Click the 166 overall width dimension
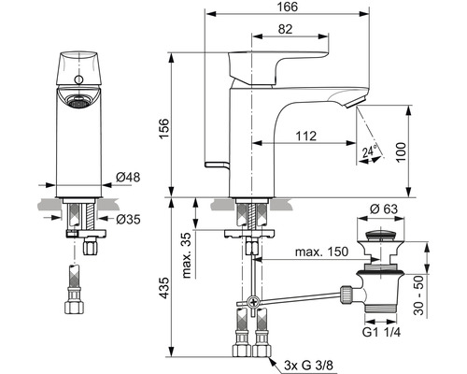(x=287, y=7)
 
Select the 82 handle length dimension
(x=285, y=29)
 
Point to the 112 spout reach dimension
(x=305, y=137)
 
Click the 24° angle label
(x=370, y=151)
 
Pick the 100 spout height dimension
(x=402, y=151)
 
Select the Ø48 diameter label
(x=128, y=178)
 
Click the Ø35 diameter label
(x=128, y=220)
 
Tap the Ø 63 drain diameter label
(x=384, y=209)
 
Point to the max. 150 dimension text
(x=321, y=252)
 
